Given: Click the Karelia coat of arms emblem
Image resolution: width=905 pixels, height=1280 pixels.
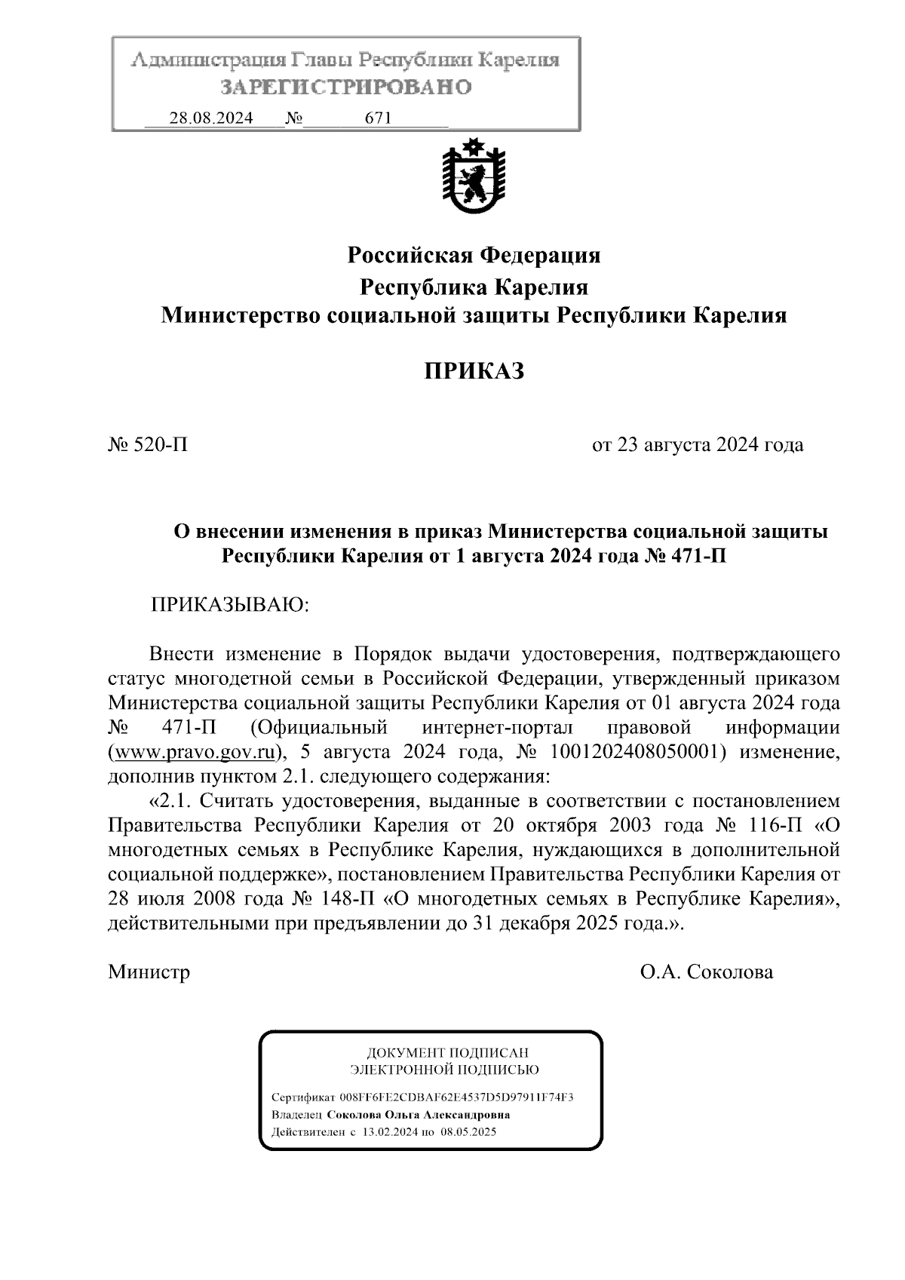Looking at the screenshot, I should tap(473, 176).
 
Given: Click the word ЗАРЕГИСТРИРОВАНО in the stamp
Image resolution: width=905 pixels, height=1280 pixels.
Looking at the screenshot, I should tap(346, 87).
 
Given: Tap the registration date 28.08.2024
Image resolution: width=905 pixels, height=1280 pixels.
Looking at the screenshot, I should tap(210, 118).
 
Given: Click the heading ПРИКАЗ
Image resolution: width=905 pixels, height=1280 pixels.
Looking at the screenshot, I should tap(473, 371).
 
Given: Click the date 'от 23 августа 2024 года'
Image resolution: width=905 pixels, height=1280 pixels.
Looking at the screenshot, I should tap(698, 445).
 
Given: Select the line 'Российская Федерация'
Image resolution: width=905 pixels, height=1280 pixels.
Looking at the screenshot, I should tap(474, 256).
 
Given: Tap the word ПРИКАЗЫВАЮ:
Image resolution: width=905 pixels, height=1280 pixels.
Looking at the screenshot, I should tap(231, 606).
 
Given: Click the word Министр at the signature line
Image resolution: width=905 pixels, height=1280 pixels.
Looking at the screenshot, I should tap(149, 972).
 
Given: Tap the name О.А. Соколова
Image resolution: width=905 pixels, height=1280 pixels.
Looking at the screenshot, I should tap(706, 972).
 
